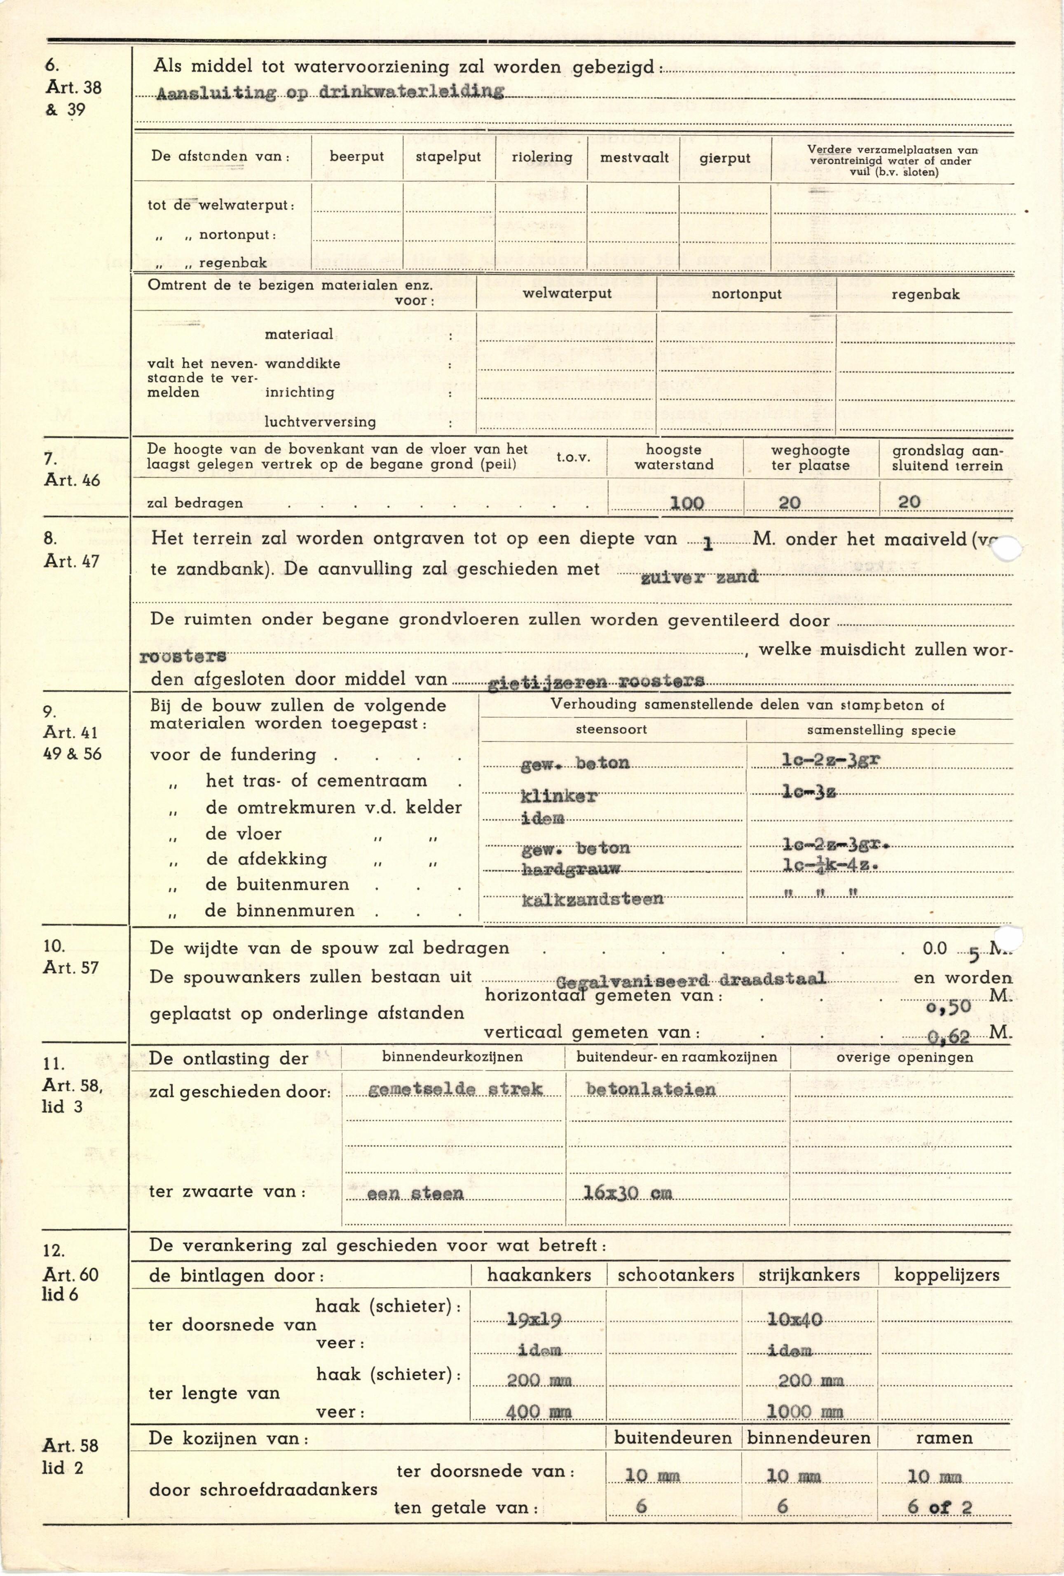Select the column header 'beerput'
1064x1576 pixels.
356,156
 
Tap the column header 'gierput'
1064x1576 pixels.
725,159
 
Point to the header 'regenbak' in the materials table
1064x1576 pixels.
925,294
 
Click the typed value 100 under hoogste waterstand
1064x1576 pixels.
687,502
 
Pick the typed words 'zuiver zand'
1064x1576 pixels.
699,577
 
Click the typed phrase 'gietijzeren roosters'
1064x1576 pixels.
596,682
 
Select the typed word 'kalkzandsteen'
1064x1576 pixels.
592,899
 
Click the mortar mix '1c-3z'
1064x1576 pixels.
808,792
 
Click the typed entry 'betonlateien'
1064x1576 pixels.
650,1089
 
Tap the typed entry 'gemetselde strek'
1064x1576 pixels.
455,1089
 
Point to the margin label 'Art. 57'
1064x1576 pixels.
70,968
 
